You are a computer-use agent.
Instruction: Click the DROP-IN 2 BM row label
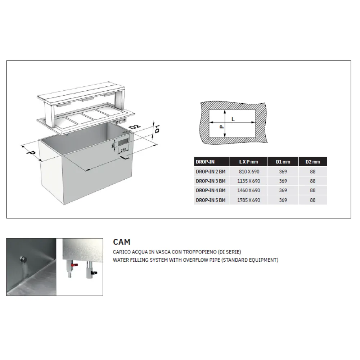pos(210,172)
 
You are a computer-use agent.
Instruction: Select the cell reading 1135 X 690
pos(249,181)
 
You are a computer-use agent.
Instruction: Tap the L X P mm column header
pos(249,162)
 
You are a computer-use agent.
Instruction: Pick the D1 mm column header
pos(283,162)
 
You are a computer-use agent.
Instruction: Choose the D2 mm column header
pos(312,162)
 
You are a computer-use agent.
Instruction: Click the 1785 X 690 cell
pos(249,200)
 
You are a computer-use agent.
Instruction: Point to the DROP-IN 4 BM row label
pos(210,190)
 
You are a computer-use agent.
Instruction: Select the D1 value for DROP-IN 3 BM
pos(283,181)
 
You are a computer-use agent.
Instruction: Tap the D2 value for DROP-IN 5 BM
pos(312,200)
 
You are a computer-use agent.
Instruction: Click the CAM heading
pos(122,242)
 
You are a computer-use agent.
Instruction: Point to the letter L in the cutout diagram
pos(233,119)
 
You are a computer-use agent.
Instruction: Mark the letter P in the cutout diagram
pos(221,127)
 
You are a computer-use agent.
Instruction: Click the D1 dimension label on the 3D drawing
pos(157,129)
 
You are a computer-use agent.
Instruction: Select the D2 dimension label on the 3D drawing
pos(135,128)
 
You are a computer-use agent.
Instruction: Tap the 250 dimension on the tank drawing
pos(123,149)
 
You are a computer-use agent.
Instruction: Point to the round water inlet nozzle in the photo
pos(24,260)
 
